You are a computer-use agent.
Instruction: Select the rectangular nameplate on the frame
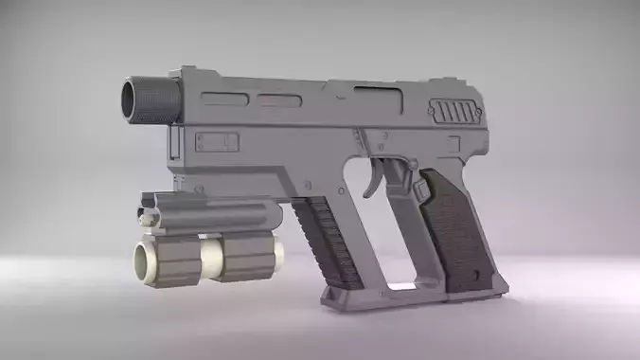tap(217, 142)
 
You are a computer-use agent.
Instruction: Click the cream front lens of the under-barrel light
tap(145, 259)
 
